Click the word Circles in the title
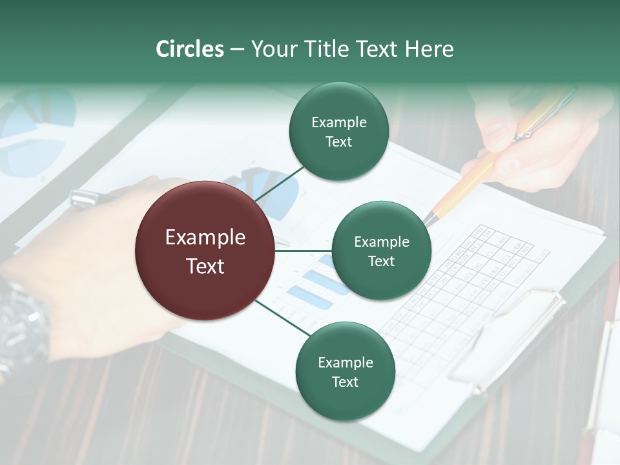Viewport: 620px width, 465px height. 190,49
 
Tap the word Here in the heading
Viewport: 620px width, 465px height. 429,49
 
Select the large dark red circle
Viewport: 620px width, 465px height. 205,251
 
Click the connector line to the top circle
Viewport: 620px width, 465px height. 278,183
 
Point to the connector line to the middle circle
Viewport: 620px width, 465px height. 304,251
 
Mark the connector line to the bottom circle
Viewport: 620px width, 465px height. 282,317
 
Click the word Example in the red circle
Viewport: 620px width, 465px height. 205,238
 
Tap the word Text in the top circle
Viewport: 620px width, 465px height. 338,142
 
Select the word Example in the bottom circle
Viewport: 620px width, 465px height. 345,363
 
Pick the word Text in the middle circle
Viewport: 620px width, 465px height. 381,262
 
